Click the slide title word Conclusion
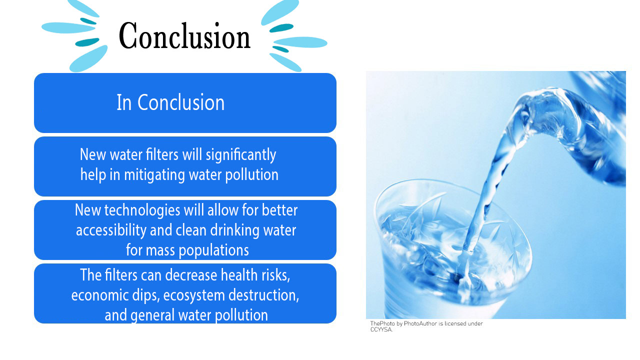point(184,36)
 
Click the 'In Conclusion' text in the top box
point(170,102)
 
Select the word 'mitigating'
point(154,174)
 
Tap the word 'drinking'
point(237,230)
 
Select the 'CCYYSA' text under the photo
point(381,329)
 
